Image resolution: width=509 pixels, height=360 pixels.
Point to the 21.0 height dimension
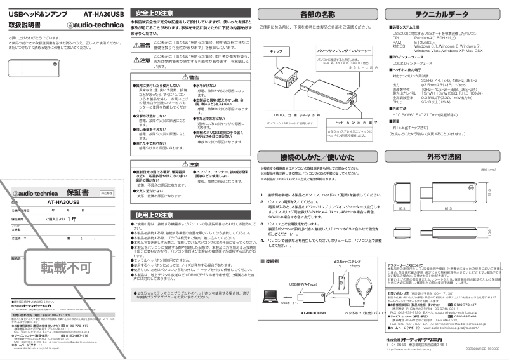[x=494, y=192]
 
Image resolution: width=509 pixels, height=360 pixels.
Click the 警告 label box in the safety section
[x=145, y=44]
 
